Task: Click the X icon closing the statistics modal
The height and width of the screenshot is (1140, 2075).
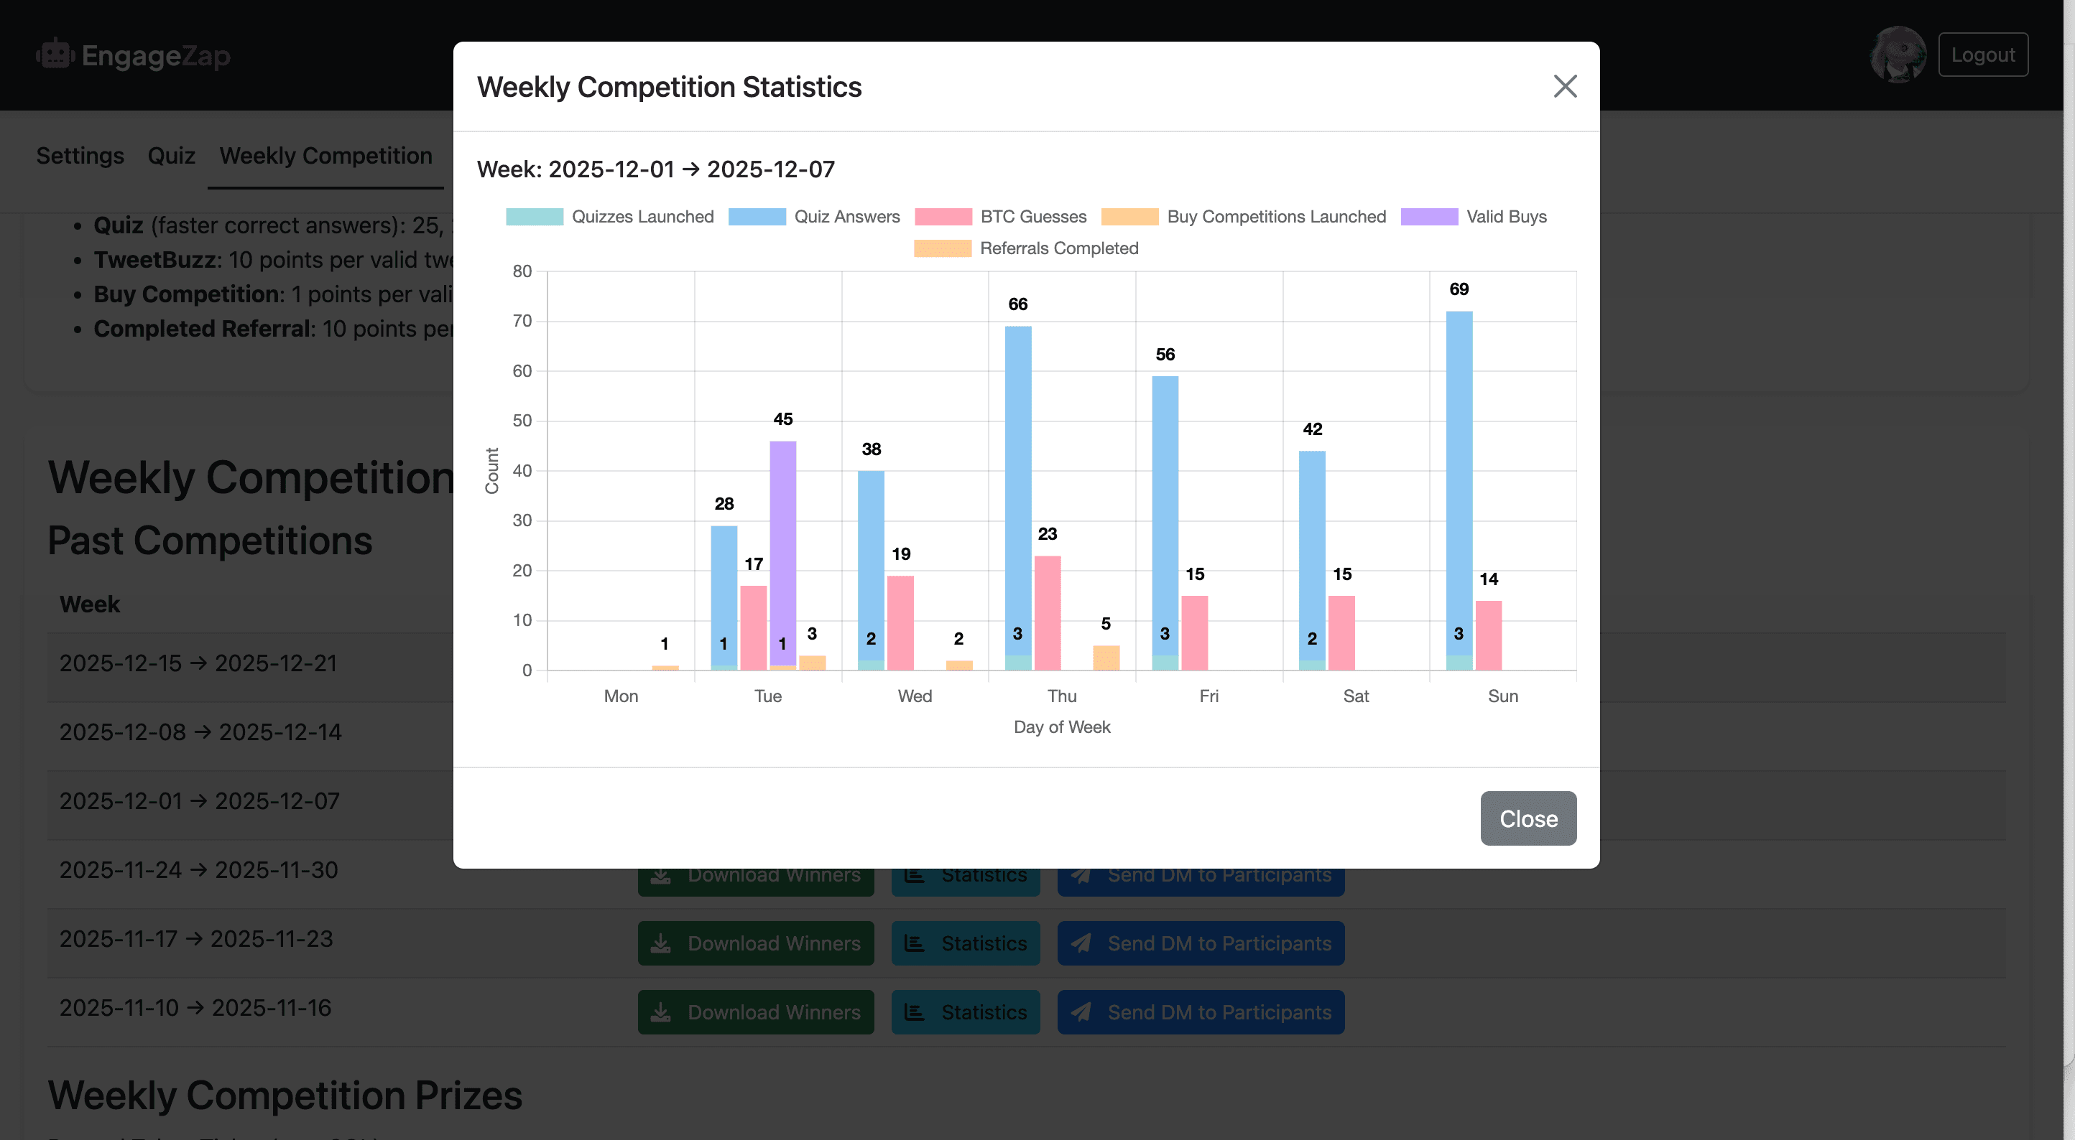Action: point(1564,86)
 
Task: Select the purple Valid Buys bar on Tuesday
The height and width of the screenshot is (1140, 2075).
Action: point(782,548)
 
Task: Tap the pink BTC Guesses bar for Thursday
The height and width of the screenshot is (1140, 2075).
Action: point(1047,612)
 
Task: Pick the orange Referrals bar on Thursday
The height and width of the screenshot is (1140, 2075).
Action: point(1106,657)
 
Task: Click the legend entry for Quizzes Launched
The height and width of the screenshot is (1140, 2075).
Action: point(610,217)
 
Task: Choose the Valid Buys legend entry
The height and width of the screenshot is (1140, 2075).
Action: point(1474,217)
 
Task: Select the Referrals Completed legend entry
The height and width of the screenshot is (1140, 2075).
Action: point(1025,248)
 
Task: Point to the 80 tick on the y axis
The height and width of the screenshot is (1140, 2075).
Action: point(522,271)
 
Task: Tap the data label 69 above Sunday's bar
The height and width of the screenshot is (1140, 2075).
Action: point(1459,289)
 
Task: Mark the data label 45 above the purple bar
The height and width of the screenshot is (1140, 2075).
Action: point(782,419)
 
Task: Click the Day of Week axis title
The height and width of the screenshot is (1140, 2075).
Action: point(1062,727)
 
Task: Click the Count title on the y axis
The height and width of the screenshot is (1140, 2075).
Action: point(491,470)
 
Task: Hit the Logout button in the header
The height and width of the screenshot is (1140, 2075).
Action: point(1982,55)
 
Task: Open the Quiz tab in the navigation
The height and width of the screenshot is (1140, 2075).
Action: point(172,155)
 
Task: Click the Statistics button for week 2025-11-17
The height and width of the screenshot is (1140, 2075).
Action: point(965,943)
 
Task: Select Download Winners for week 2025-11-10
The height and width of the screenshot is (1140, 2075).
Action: point(756,1012)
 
